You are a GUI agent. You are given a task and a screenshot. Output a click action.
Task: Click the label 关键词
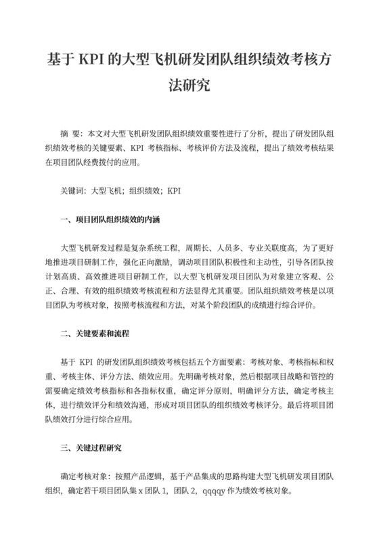(x=74, y=191)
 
